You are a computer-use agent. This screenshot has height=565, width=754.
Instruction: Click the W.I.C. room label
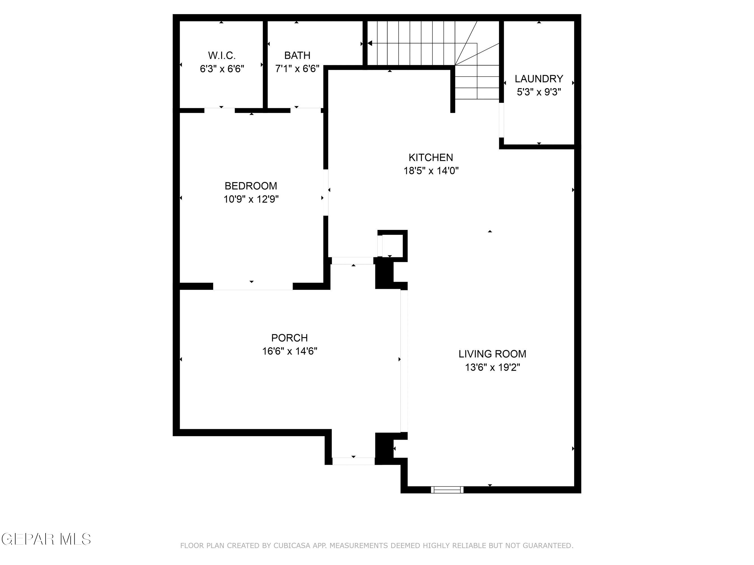click(x=222, y=55)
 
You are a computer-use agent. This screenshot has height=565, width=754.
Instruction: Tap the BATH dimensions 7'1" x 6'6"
click(x=297, y=69)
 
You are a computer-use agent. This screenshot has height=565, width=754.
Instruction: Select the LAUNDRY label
click(x=539, y=79)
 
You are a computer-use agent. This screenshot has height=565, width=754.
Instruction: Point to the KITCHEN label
click(x=431, y=157)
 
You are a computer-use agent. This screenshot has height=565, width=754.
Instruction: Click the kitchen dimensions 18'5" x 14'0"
click(x=431, y=171)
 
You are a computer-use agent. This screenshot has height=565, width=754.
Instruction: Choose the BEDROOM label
click(x=250, y=186)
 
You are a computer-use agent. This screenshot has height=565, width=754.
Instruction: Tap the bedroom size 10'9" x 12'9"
click(x=251, y=199)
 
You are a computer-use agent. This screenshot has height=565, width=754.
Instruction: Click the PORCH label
click(x=289, y=338)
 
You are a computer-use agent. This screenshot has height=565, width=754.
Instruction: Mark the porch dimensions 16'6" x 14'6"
click(x=289, y=351)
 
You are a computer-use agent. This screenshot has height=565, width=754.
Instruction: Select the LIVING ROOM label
click(x=492, y=354)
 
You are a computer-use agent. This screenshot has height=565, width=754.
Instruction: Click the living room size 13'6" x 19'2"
click(x=492, y=368)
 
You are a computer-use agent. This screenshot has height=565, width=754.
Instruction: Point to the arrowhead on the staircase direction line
click(x=370, y=43)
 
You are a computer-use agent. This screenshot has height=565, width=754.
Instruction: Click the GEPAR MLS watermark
click(x=46, y=539)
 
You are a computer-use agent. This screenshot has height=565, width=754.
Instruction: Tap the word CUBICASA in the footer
click(x=291, y=546)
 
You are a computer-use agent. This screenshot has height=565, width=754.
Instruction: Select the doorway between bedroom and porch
click(x=252, y=286)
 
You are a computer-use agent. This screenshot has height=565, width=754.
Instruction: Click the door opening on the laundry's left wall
click(x=502, y=119)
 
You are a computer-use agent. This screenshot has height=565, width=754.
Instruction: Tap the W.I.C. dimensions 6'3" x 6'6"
click(x=222, y=69)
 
